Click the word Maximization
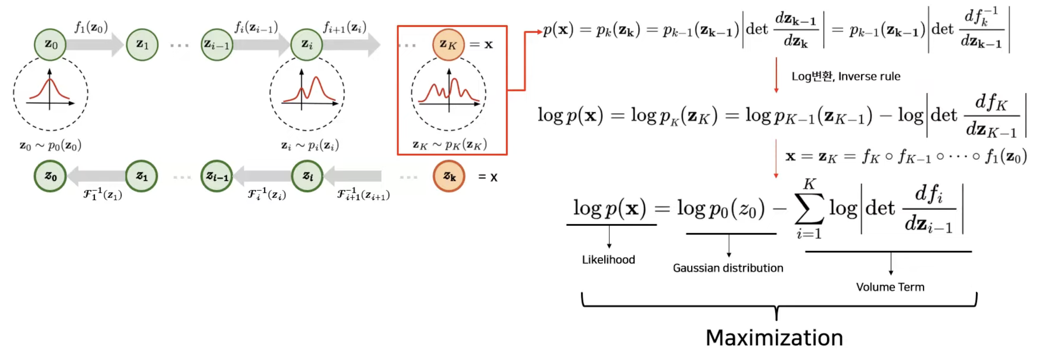click(774, 338)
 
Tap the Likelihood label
click(608, 259)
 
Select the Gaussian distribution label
click(728, 268)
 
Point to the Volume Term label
click(890, 287)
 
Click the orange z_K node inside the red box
click(448, 44)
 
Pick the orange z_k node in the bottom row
click(449, 176)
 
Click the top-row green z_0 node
click(50, 44)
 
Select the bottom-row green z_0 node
click(50, 176)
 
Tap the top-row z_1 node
click(142, 44)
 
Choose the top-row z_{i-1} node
click(217, 44)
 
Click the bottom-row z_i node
click(307, 176)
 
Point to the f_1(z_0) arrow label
click(91, 27)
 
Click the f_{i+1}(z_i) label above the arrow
click(345, 27)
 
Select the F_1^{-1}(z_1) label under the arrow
click(103, 194)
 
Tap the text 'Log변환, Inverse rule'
click(845, 76)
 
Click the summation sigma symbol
click(809, 208)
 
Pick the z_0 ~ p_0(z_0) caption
click(51, 145)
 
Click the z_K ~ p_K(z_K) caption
click(450, 145)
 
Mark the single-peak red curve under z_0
click(49, 90)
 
